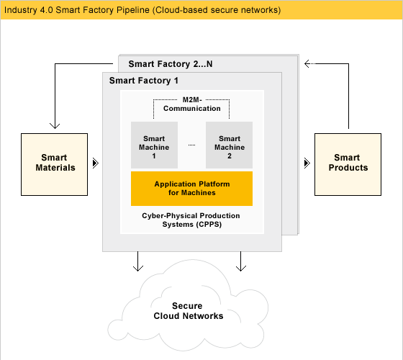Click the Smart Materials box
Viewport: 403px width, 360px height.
[x=54, y=164]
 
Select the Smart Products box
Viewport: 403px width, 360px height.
[x=348, y=164]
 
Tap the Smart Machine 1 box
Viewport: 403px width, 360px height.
[x=154, y=145]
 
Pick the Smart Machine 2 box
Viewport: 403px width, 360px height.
[x=229, y=145]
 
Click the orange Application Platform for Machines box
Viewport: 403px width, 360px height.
[x=191, y=189]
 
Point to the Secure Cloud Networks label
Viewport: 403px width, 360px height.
[x=189, y=310]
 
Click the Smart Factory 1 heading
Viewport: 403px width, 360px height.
[x=144, y=81]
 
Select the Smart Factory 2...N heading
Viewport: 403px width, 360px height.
[x=171, y=64]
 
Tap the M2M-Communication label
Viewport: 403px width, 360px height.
[x=192, y=104]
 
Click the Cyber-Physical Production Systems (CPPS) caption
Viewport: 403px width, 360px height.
[x=191, y=220]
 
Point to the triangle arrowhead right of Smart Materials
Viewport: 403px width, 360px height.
[x=96, y=163]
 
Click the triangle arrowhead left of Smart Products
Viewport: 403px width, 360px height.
[x=307, y=163]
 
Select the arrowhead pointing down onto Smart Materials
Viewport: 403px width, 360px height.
[x=55, y=125]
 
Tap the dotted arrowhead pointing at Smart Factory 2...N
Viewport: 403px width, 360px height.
[x=307, y=63]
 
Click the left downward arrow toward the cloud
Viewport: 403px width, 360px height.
[x=138, y=261]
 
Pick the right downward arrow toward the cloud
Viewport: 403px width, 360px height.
[x=241, y=261]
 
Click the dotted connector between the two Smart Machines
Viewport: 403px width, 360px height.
[x=191, y=145]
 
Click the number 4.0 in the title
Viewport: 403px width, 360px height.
[x=47, y=10]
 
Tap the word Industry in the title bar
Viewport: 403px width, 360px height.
[x=21, y=10]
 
